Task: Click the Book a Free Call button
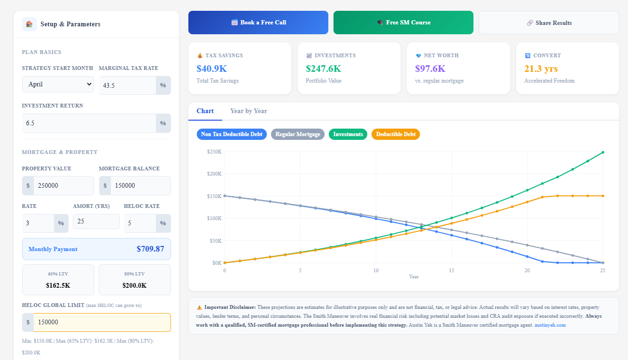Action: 258,23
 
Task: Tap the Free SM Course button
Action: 403,23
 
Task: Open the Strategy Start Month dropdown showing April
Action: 58,84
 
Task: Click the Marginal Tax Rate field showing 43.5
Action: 128,85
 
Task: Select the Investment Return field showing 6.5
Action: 89,123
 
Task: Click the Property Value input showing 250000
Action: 63,185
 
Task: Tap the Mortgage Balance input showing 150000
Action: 140,185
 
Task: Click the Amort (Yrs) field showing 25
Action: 96,222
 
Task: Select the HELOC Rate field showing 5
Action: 140,223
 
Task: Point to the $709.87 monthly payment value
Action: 150,249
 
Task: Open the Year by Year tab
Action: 248,111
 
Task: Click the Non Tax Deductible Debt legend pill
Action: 232,134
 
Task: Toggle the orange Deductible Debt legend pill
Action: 395,134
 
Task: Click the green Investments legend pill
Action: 348,134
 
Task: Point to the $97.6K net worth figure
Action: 430,69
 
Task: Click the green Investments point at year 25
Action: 603,152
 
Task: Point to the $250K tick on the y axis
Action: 214,152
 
